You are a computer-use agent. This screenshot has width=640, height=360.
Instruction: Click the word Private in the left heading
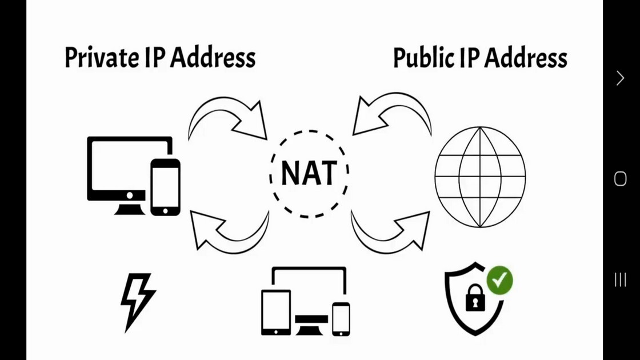(x=102, y=58)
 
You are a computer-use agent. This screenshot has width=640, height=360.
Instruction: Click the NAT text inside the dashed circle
(x=309, y=173)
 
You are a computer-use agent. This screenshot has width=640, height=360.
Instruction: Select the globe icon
(x=480, y=177)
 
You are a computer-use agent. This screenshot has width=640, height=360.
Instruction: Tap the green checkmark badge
(x=499, y=281)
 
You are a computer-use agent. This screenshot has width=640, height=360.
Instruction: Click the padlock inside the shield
(x=475, y=298)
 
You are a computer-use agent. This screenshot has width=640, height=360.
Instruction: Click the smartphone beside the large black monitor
(x=165, y=187)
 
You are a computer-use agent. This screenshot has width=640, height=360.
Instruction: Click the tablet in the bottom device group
(x=276, y=312)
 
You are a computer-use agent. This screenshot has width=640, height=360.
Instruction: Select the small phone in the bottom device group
(x=341, y=319)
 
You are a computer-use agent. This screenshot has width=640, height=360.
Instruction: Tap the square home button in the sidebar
(x=620, y=179)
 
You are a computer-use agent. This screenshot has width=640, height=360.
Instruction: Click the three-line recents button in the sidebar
(x=620, y=279)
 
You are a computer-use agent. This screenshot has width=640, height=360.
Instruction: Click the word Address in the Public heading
(x=526, y=58)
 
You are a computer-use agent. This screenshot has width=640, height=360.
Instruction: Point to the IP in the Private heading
(x=155, y=58)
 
